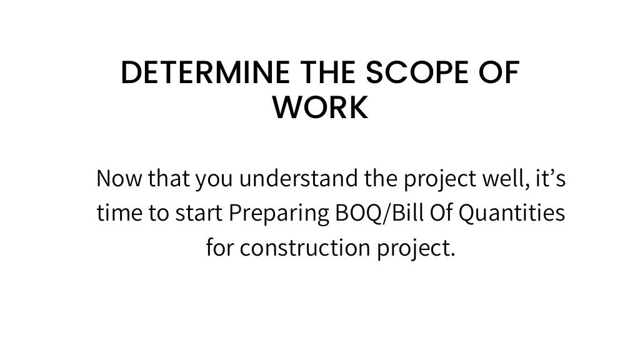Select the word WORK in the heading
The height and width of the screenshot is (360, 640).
321,108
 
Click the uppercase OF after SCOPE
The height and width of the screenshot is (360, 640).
501,74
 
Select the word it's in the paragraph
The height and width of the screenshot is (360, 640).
551,179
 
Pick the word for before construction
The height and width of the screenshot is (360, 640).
219,248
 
